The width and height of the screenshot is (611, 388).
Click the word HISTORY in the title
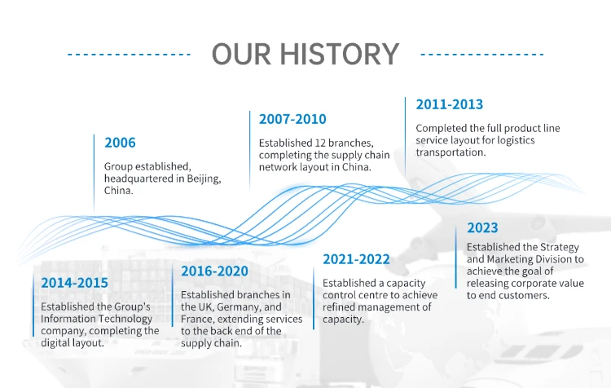(x=340, y=54)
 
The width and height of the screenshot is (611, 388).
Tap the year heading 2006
(x=120, y=143)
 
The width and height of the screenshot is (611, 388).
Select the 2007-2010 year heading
(x=292, y=119)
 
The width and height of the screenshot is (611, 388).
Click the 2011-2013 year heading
(x=449, y=104)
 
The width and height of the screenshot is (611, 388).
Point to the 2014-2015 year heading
(x=74, y=283)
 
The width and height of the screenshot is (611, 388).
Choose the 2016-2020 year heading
(x=215, y=271)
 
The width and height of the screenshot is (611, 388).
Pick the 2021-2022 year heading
(x=356, y=259)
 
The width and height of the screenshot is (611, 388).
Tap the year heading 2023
(x=482, y=227)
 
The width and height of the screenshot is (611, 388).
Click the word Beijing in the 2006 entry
(x=204, y=179)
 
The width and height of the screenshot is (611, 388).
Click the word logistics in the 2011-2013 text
(x=515, y=140)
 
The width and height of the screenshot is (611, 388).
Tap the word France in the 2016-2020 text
(x=198, y=320)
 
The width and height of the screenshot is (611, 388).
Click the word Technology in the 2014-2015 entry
(x=125, y=319)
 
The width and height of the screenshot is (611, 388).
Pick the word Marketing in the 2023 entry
(x=511, y=259)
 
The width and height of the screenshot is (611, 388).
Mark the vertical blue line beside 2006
(x=94, y=173)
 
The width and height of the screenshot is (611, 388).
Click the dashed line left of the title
(x=129, y=54)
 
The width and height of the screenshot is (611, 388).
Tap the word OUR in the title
(x=241, y=54)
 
